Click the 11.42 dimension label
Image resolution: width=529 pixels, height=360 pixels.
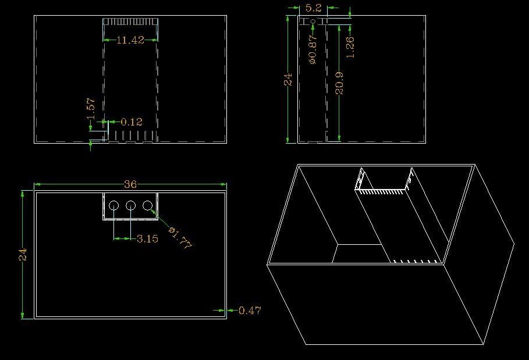coord(130,40)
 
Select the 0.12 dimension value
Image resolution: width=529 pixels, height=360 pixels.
coord(132,122)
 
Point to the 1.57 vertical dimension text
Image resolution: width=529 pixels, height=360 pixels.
coord(91,109)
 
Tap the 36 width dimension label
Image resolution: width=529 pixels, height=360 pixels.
coord(130,184)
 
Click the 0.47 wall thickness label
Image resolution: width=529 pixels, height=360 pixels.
coord(250,310)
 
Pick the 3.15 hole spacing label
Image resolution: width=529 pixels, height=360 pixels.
coord(147,239)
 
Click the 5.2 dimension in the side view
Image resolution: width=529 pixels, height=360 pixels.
coord(314,8)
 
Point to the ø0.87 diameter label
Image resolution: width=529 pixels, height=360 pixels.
coord(313,49)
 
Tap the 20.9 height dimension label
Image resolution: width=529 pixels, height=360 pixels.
coord(339,83)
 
